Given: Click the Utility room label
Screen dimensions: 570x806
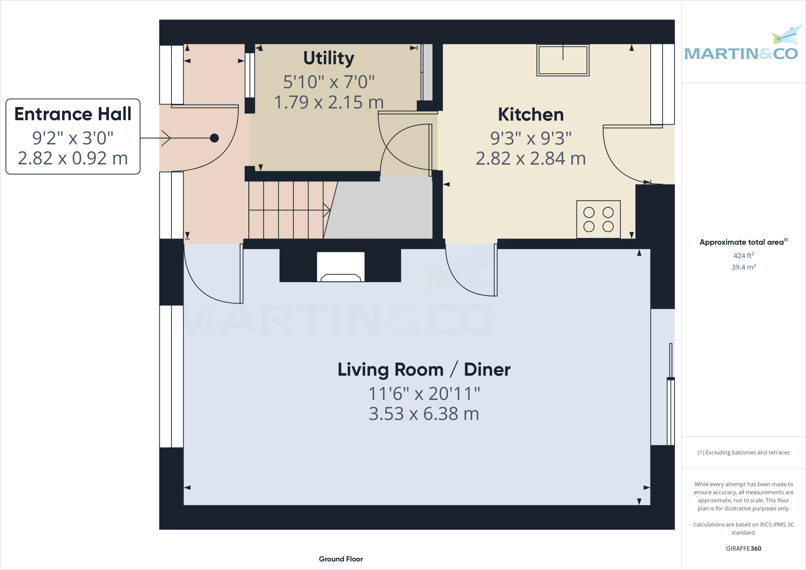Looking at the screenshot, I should coord(329,58).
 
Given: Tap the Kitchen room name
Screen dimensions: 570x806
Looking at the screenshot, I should coord(531,115).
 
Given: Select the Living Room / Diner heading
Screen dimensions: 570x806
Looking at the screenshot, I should coord(424,370).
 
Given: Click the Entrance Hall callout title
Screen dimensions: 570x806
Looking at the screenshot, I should coord(73,114).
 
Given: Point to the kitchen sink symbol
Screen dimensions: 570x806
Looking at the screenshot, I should coord(563,60).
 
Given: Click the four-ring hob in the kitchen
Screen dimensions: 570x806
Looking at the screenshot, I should coord(598,219).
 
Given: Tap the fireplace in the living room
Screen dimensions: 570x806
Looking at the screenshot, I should coord(340,268).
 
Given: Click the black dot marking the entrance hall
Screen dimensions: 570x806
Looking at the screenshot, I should coord(214,138).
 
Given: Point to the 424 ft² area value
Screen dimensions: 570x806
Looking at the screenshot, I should coord(743,255).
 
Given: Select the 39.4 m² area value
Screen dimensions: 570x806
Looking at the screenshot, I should coord(743,267).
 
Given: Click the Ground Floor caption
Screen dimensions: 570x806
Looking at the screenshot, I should coord(341,559).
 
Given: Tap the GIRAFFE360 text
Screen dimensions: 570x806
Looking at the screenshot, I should coord(743,548).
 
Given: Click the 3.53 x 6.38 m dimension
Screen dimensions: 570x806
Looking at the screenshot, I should coord(424,414).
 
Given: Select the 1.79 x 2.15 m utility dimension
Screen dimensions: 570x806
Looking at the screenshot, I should coord(329,102).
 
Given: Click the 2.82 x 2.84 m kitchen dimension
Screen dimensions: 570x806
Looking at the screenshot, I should coord(531,159).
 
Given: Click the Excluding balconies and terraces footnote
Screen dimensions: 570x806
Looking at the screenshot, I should coord(743,453).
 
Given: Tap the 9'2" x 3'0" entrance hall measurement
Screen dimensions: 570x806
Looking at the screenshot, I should coord(73,138).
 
